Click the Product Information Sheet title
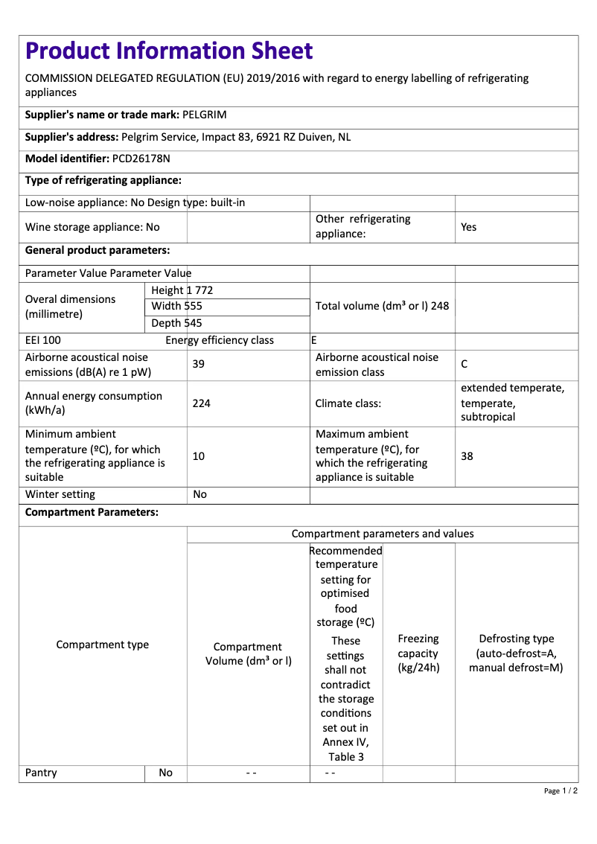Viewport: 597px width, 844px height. (169, 51)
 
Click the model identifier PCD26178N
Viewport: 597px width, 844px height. (141, 159)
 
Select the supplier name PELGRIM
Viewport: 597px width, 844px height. (205, 115)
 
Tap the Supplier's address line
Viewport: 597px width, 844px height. (188, 137)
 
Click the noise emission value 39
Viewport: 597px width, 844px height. (199, 364)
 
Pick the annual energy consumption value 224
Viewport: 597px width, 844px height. (201, 403)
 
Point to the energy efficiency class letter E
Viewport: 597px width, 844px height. (314, 340)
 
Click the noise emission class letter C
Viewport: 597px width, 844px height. (464, 364)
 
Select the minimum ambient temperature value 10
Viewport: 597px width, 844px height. (199, 455)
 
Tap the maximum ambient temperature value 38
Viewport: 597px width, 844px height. (467, 455)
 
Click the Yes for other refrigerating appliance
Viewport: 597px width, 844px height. (468, 227)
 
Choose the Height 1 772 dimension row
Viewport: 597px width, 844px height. (182, 290)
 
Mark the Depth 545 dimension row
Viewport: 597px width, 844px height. (176, 323)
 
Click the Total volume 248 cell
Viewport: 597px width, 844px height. (382, 306)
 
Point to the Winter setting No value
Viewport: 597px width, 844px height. (199, 494)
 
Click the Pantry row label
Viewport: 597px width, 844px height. (41, 773)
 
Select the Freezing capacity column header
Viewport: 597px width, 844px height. (418, 653)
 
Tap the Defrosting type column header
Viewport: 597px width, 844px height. (516, 653)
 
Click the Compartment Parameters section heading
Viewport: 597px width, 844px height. (92, 513)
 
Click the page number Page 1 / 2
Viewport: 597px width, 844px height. (561, 790)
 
